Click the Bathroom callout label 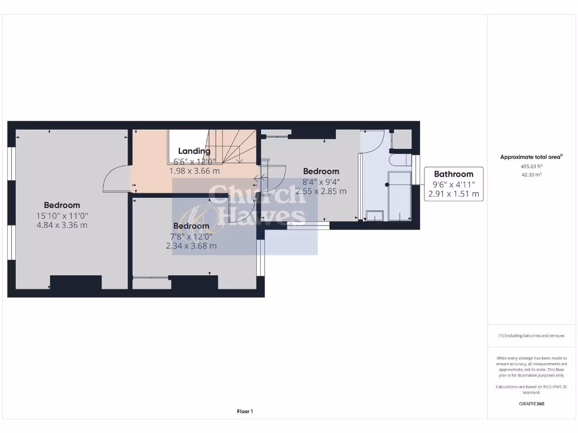click(453, 174)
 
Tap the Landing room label click(194, 151)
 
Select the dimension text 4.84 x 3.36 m click(62, 225)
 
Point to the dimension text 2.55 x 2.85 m click(321, 191)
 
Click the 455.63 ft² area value click(531, 166)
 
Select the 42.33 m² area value click(531, 175)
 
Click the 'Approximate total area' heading click(531, 157)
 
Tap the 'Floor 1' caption click(245, 412)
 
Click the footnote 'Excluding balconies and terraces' click(531, 335)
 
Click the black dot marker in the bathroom click(387, 184)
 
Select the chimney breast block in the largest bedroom click(76, 282)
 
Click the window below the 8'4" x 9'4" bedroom click(308, 225)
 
